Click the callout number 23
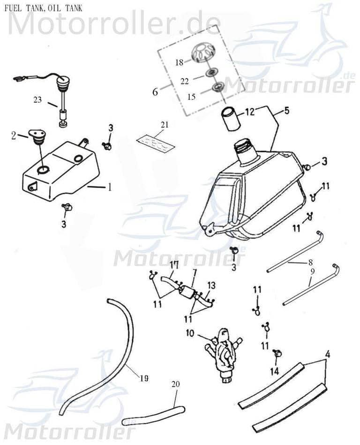(x=37, y=99)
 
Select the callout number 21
(x=164, y=124)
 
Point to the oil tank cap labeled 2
(x=37, y=137)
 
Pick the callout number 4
(x=328, y=354)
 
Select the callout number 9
(x=312, y=271)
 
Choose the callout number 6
(x=155, y=91)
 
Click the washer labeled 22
(x=211, y=73)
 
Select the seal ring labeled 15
(x=217, y=87)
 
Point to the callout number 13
(x=211, y=285)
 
